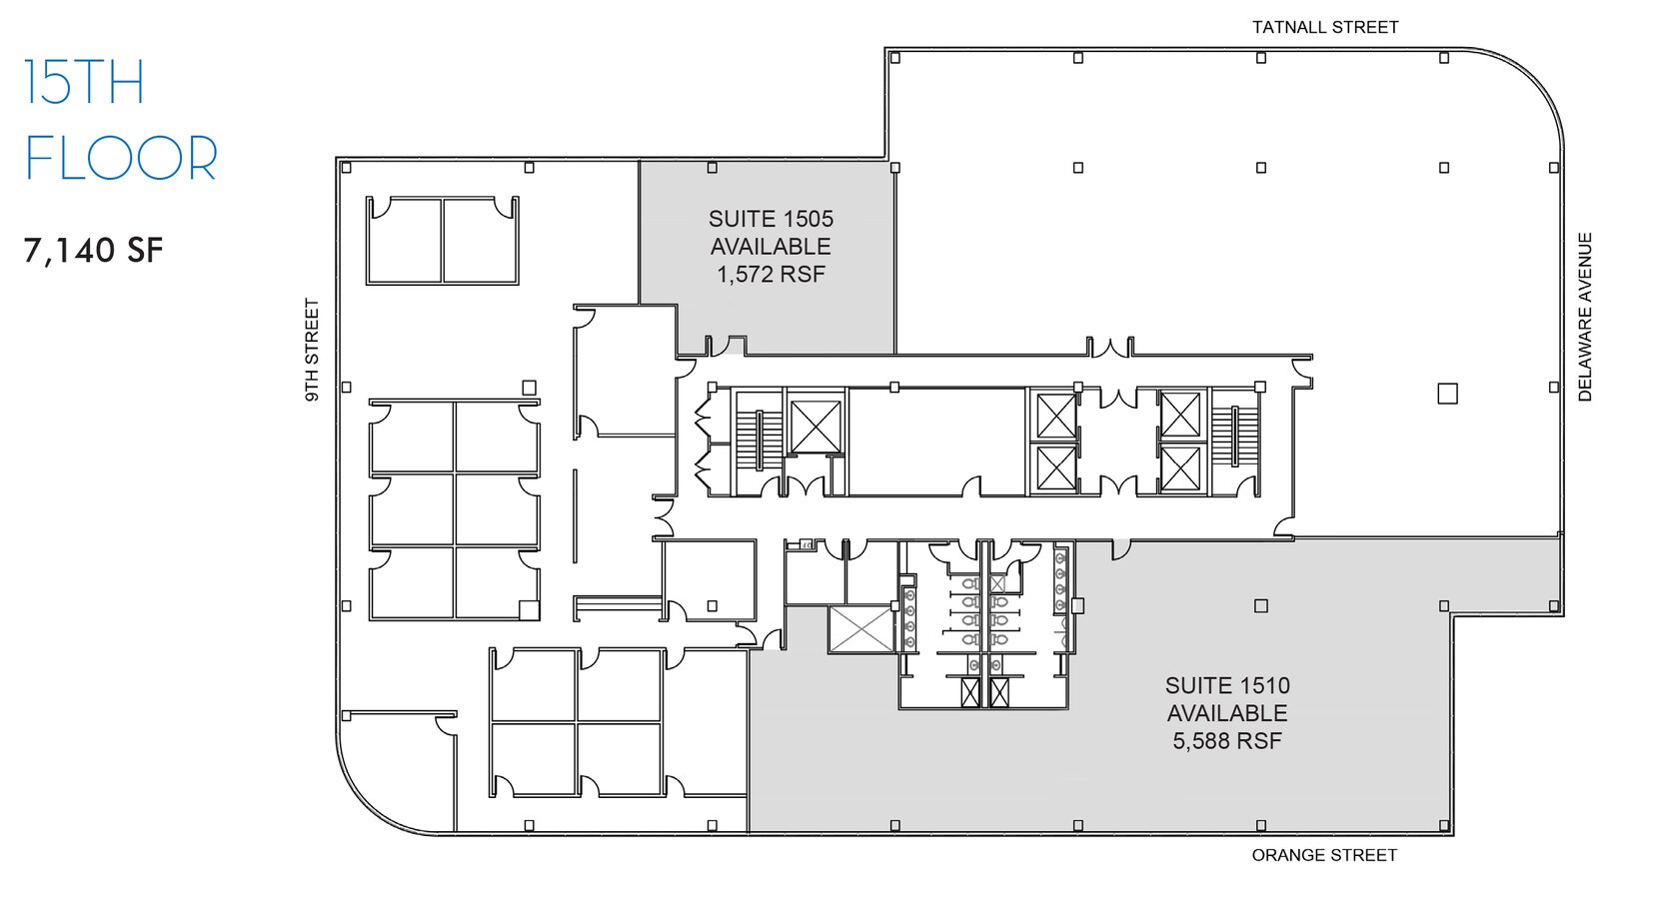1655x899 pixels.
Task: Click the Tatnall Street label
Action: pos(1325,28)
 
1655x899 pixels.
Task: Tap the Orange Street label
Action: pos(1324,855)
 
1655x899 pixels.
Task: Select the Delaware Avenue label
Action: pos(1585,317)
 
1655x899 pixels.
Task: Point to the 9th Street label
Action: pos(313,351)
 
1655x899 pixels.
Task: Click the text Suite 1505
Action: pos(771,219)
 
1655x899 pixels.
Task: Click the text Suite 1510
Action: pos(1227,686)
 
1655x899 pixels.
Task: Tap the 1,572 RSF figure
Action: pos(771,274)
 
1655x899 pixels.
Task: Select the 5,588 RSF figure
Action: pos(1227,741)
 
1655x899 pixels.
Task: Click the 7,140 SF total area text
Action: pos(93,250)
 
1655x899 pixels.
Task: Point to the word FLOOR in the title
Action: pos(121,158)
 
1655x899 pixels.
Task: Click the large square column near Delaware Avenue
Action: pos(1447,394)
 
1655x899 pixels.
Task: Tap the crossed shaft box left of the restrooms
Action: pos(860,629)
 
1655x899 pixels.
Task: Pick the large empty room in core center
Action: pos(936,442)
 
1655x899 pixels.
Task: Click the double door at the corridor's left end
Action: pos(662,516)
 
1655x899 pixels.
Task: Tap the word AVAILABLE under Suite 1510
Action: pos(1227,713)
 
